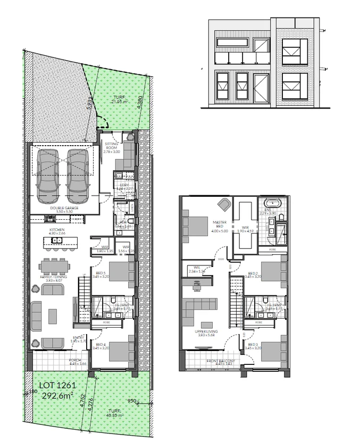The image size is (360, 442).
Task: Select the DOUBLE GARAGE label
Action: [x=64, y=207]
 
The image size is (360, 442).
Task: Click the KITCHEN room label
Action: [x=56, y=230]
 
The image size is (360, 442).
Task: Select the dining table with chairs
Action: [x=55, y=266]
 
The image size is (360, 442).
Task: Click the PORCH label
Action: [x=75, y=361]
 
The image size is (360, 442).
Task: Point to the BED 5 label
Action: [x=99, y=274]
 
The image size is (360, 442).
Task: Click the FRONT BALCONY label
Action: [x=219, y=362]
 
